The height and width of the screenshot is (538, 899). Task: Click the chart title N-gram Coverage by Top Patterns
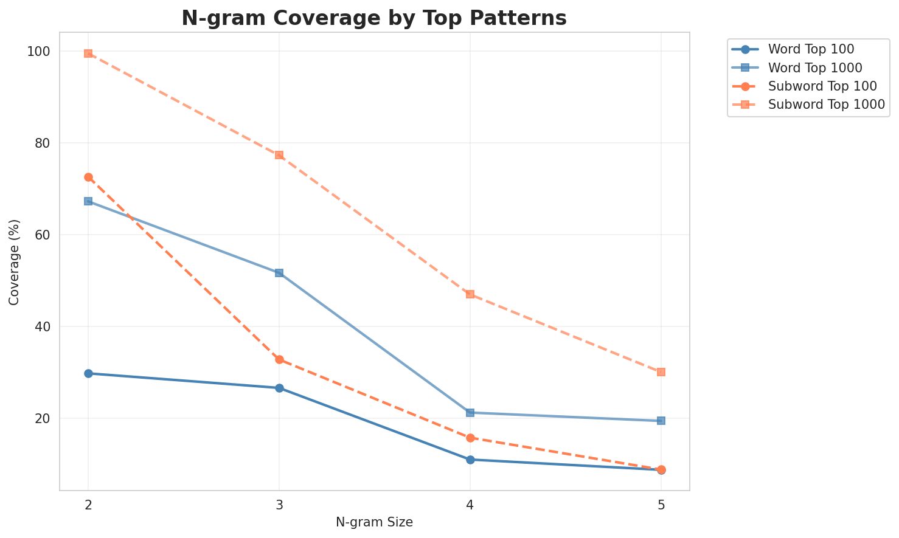coord(374,18)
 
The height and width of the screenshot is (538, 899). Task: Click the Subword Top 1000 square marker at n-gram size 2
coord(88,53)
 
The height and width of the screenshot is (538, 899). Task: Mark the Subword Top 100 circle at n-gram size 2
coord(88,177)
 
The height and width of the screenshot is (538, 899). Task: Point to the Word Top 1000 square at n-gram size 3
coord(279,273)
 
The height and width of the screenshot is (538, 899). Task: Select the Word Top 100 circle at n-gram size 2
coord(88,373)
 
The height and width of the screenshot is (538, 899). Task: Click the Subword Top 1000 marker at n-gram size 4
coord(470,294)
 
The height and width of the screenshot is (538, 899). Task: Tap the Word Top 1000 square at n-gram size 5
coord(661,421)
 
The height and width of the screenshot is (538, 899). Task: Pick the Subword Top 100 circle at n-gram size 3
coord(279,359)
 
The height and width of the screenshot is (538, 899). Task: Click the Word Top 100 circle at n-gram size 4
coord(470,460)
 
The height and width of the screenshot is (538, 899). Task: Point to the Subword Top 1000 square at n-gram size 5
coord(661,372)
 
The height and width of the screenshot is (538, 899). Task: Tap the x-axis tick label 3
coord(279,504)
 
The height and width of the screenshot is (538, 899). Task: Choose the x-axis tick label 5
coord(661,504)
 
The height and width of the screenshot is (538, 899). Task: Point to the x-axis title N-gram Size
coord(374,522)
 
